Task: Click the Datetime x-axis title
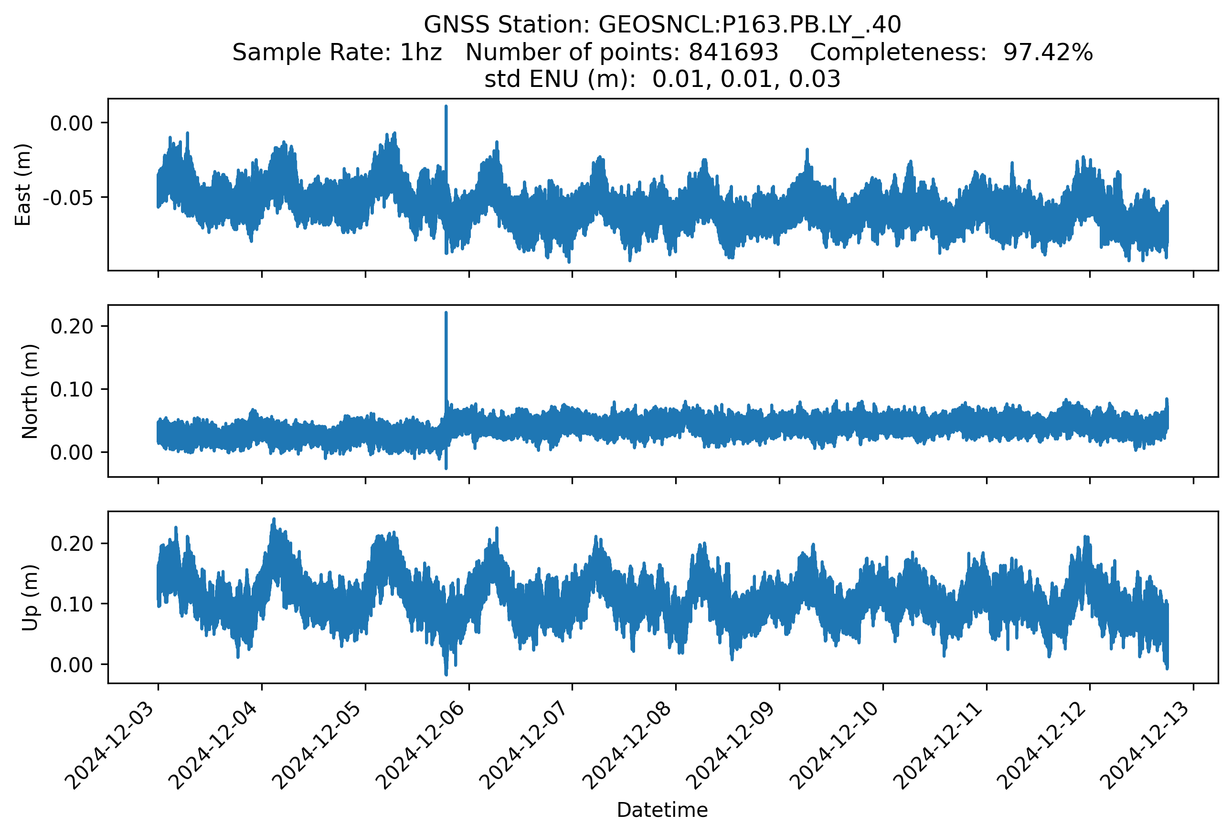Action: coord(662,810)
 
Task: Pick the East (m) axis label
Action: coord(23,184)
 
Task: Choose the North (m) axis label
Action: coord(30,391)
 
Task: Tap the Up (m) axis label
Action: coord(30,598)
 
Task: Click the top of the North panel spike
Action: coord(446,313)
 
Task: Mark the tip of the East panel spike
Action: coord(446,107)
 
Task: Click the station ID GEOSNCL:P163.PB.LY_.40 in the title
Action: coord(750,25)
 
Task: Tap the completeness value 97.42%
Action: coord(1048,53)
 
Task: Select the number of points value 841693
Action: coord(733,53)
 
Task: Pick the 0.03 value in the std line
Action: coord(814,79)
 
